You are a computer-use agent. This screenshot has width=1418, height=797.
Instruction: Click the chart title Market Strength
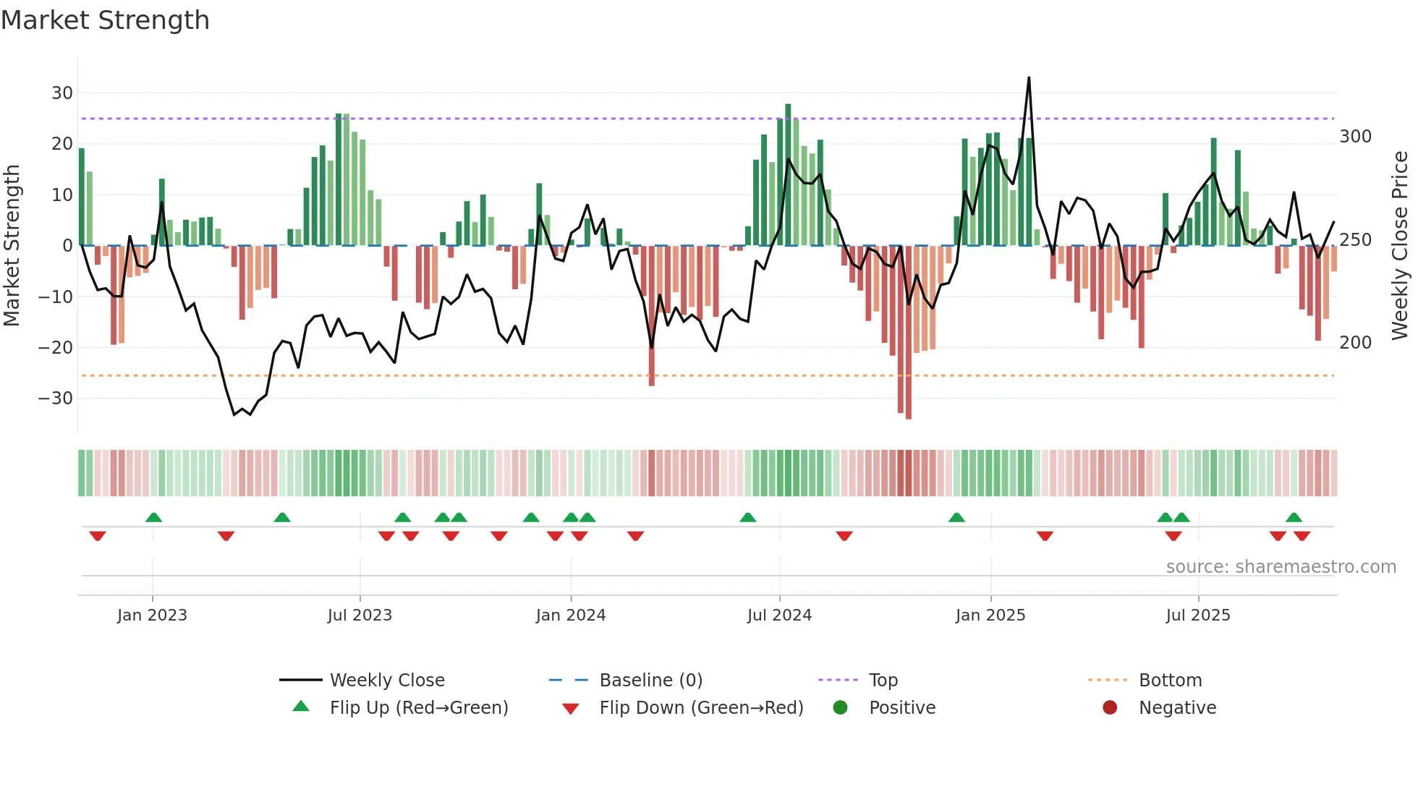105,20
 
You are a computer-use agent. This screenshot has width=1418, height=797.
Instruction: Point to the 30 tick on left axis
62,93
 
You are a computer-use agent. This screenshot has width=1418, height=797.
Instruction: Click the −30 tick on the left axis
56,399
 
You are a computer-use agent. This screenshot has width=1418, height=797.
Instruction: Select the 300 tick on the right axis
1355,137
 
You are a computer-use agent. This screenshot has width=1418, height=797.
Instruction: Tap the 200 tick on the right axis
1355,343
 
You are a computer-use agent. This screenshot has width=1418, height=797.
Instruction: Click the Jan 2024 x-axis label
570,615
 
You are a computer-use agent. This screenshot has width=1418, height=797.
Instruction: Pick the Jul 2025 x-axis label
1197,615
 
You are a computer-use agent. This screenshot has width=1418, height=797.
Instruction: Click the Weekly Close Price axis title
1400,245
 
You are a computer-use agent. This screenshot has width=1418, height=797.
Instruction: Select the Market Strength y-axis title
12,245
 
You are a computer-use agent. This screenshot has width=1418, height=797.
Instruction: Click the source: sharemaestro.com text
1281,567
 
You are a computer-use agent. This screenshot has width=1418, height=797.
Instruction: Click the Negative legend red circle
1109,708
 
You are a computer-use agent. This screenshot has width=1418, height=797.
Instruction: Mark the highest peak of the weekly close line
1029,78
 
